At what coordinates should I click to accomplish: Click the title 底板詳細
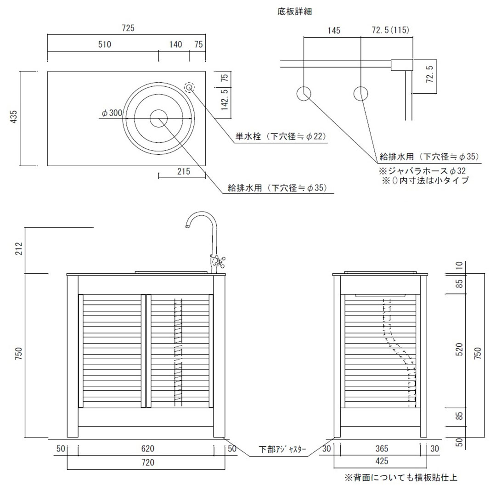(x=295, y=12)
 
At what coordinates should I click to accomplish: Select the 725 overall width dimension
(x=128, y=28)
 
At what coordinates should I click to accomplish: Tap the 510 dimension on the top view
(x=105, y=44)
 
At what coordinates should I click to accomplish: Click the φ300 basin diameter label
(x=112, y=113)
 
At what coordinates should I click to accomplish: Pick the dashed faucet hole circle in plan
(x=189, y=87)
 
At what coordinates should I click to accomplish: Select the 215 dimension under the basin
(x=183, y=171)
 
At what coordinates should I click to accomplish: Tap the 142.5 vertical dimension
(x=225, y=99)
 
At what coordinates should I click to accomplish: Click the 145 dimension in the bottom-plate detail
(x=334, y=30)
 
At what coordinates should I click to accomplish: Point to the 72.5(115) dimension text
(x=390, y=30)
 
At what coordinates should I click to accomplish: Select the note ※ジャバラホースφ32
(x=423, y=171)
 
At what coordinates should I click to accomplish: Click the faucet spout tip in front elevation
(x=187, y=226)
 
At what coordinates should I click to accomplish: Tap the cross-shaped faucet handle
(x=219, y=261)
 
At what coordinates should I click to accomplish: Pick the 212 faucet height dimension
(x=19, y=248)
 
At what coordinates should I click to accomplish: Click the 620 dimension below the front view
(x=148, y=449)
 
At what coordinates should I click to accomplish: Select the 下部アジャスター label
(x=282, y=449)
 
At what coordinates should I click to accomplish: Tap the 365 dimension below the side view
(x=382, y=449)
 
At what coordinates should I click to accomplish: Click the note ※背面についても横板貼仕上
(x=401, y=477)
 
